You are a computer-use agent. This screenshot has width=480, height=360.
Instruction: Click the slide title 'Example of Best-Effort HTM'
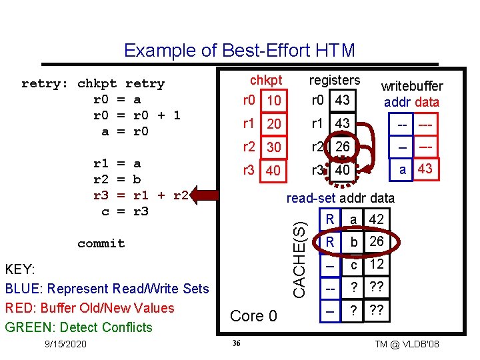click(239, 51)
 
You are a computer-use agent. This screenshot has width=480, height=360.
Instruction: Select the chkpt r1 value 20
click(273, 125)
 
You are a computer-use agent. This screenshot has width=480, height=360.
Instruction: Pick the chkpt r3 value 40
click(273, 171)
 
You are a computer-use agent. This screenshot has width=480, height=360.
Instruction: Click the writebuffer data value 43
click(425, 169)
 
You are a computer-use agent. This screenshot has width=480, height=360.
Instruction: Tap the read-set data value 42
click(377, 219)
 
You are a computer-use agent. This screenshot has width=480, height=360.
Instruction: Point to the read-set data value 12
click(377, 265)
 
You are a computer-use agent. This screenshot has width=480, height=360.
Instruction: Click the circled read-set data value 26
click(377, 241)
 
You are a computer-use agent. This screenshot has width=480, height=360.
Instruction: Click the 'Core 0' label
click(253, 316)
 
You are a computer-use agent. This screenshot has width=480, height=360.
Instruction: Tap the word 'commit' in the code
click(101, 243)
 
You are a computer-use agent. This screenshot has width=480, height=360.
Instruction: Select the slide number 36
click(237, 343)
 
